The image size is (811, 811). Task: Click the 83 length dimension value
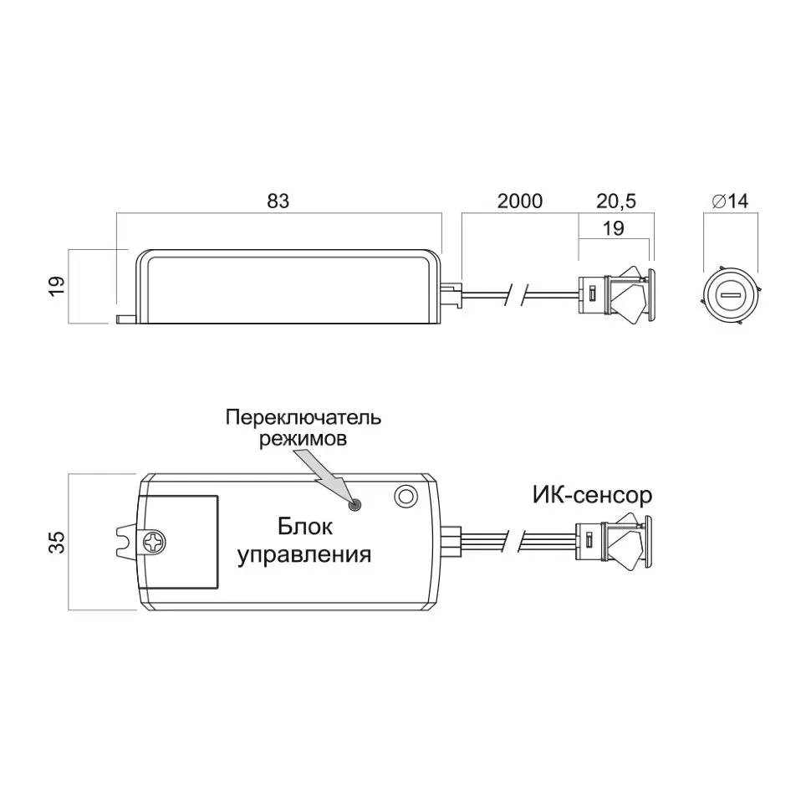(278, 201)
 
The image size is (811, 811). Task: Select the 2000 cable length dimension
(520, 201)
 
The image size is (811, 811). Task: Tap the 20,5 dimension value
(616, 201)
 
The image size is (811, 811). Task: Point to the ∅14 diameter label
(730, 201)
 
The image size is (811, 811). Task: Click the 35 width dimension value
(57, 542)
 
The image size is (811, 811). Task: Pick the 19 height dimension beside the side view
(57, 286)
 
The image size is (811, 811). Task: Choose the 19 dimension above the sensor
(614, 228)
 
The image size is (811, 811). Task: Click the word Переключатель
(303, 417)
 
